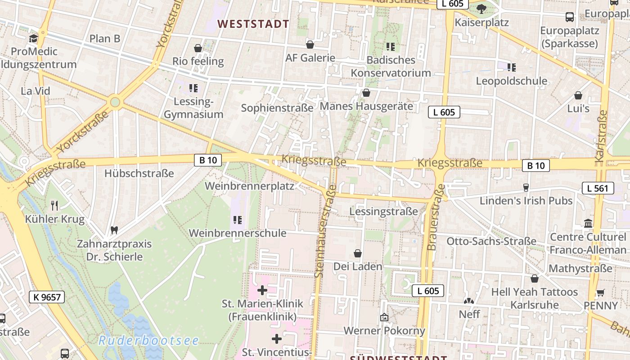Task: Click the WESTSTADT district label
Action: point(253,24)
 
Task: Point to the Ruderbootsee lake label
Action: point(148,341)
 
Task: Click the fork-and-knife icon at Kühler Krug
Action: point(55,206)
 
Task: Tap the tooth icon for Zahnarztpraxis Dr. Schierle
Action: point(114,230)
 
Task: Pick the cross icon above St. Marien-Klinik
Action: point(262,290)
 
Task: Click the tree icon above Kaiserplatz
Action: point(481,8)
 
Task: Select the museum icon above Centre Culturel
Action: point(588,223)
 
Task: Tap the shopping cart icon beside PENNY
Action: point(600,292)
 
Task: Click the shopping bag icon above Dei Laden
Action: point(358,253)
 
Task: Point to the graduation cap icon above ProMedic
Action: point(33,38)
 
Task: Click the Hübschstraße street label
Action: point(139,173)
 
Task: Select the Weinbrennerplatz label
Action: point(249,186)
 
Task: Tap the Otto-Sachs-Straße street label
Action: point(491,241)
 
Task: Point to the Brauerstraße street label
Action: point(436,217)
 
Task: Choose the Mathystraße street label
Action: point(580,269)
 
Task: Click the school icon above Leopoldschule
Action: point(511,67)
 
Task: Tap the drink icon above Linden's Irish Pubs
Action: point(525,187)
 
